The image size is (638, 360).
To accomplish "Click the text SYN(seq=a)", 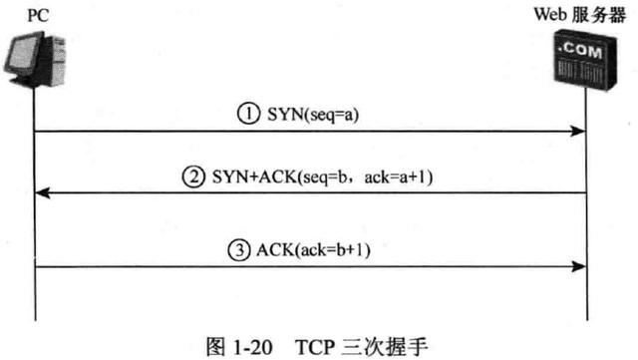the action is [x=309, y=114].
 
